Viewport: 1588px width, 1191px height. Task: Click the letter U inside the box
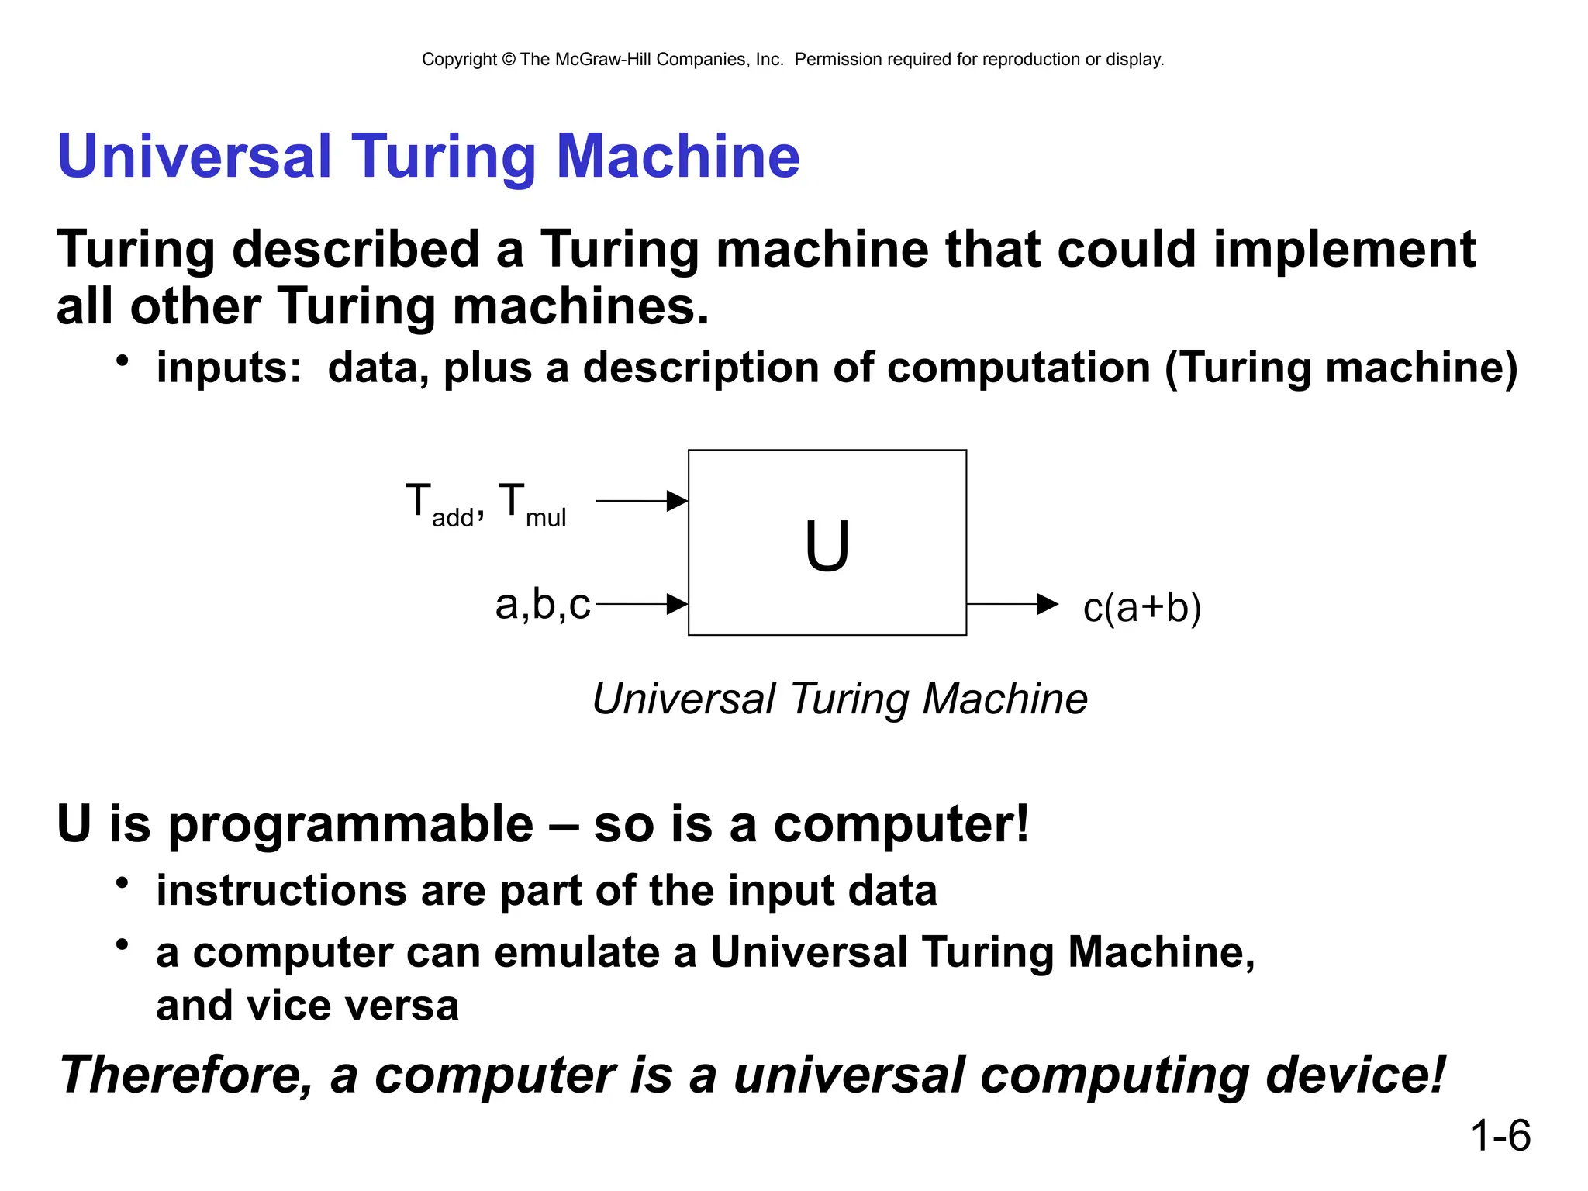[x=827, y=546]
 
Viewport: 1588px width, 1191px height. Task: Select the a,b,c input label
[x=543, y=604]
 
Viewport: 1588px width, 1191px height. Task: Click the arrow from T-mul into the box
[x=642, y=501]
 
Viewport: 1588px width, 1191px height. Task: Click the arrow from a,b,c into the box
[x=642, y=603]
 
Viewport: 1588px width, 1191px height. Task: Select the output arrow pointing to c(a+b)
[x=1012, y=603]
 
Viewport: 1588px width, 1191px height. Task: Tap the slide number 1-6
[x=1500, y=1136]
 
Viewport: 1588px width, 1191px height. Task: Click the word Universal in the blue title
[x=195, y=157]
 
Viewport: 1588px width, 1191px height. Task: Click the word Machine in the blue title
[x=678, y=157]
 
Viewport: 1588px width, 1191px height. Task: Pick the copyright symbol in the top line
[x=509, y=60]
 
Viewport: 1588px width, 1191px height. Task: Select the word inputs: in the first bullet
[x=229, y=368]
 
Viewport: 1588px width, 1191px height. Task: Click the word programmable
[x=350, y=823]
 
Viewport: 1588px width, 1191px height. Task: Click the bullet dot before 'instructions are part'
[x=122, y=883]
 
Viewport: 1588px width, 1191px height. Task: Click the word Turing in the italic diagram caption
[x=849, y=699]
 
